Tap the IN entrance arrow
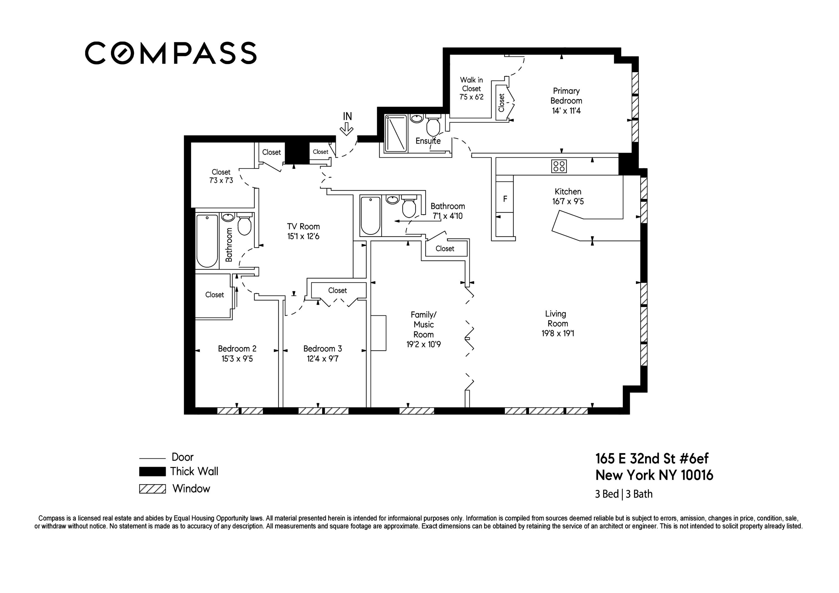click(347, 129)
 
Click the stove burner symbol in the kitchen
click(559, 166)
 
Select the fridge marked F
click(505, 199)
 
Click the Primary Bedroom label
click(566, 96)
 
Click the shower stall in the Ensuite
click(396, 133)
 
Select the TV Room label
click(303, 226)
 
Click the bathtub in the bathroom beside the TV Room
click(207, 241)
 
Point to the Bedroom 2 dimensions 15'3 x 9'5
click(237, 359)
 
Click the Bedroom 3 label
click(322, 349)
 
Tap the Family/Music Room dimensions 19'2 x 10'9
click(423, 344)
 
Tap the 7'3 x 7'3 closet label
click(221, 181)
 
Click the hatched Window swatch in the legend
click(152, 489)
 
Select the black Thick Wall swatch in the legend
click(152, 472)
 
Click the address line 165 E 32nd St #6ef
click(652, 459)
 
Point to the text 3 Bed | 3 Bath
click(623, 494)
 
